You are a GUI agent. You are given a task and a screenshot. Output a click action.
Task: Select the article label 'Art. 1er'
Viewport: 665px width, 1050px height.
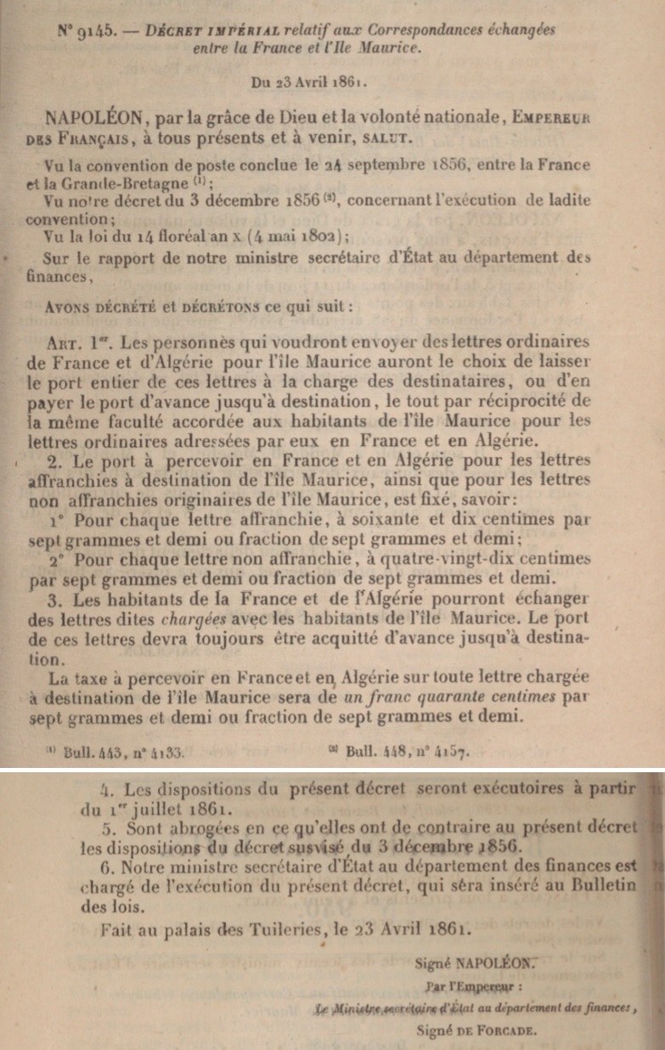click(x=70, y=341)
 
